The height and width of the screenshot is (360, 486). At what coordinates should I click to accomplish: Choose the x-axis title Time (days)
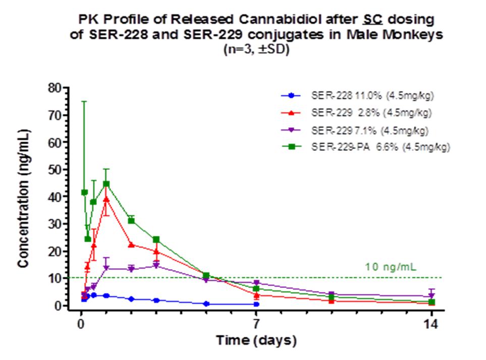[256, 341]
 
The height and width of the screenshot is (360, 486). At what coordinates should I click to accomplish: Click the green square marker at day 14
[432, 302]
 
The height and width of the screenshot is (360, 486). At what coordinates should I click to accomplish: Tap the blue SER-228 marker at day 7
[256, 304]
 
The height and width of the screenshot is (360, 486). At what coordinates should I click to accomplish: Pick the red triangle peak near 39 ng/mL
[106, 199]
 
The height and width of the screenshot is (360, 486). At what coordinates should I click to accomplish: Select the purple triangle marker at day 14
[432, 296]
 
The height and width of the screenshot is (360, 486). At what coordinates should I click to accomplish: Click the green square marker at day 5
[206, 276]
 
